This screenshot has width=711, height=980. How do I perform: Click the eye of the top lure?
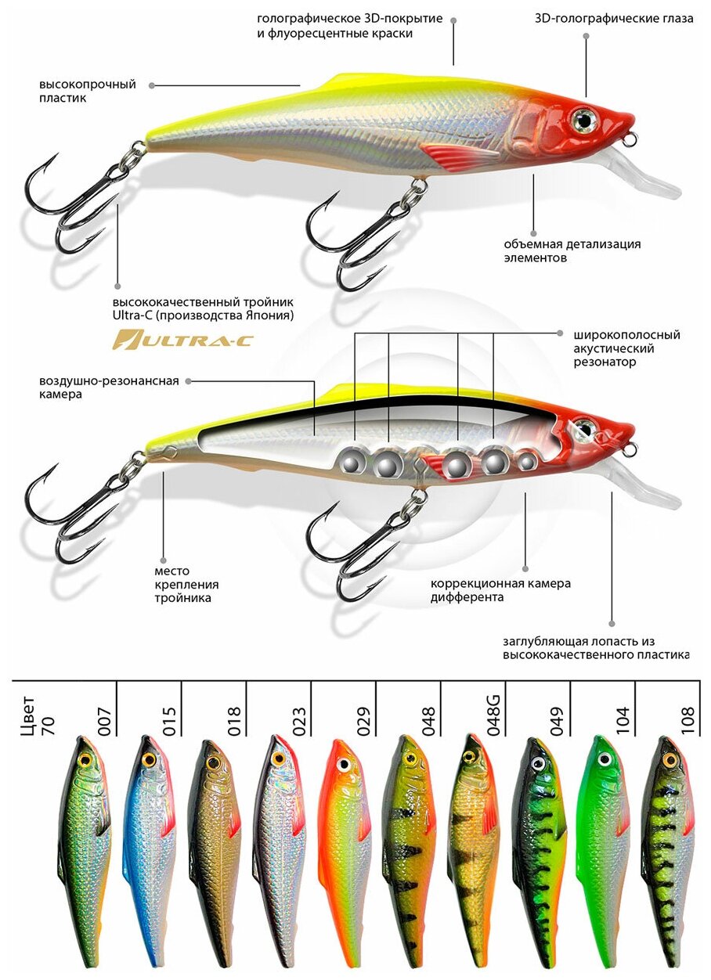pos(583,118)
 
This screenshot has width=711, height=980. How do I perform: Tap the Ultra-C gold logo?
pos(153,340)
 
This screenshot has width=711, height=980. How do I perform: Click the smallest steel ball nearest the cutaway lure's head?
pos(529,463)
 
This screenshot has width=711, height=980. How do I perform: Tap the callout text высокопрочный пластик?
pos(88,91)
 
